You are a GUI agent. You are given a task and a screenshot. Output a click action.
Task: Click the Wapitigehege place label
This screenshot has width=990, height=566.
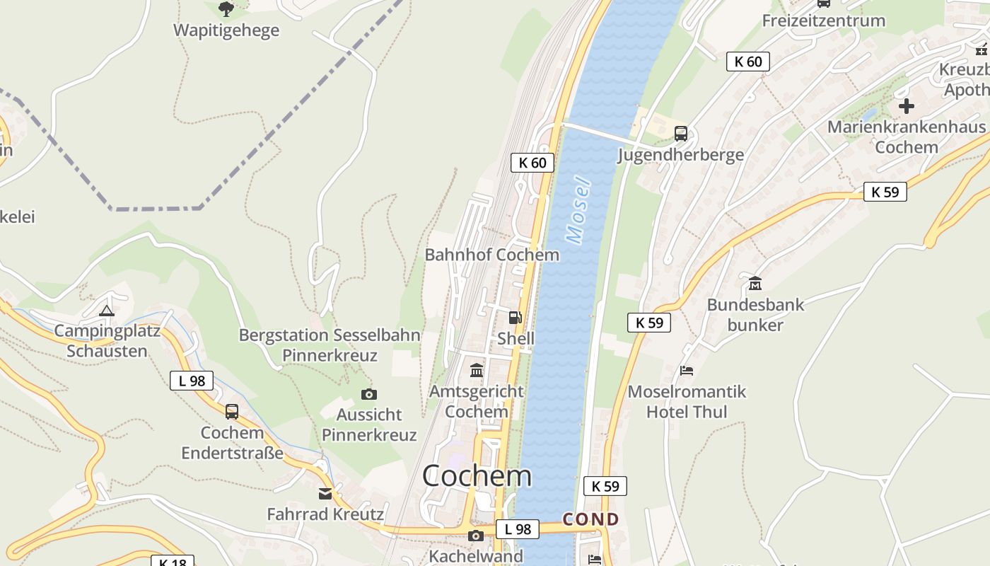(226, 30)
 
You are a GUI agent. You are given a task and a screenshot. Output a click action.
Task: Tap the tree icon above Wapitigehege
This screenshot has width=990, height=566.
(226, 9)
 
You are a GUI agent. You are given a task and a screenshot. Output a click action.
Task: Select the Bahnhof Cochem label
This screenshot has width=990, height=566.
(491, 255)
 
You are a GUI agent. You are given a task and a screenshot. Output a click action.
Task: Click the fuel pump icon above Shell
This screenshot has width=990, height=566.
(516, 318)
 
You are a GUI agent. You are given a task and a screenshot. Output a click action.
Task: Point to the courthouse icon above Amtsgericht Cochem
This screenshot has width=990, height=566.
(477, 370)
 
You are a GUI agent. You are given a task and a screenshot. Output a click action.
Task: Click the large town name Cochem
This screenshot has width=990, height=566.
(477, 476)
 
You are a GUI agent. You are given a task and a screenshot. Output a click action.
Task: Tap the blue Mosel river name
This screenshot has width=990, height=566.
(578, 210)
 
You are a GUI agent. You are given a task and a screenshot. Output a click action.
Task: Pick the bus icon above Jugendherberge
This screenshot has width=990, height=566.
(681, 133)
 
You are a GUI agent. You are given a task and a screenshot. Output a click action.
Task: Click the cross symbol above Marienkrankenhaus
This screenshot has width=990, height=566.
(907, 107)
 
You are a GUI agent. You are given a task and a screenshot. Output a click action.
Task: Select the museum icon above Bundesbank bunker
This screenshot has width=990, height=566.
(755, 284)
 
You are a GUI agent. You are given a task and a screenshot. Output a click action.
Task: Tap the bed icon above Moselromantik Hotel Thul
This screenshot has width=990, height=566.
(687, 371)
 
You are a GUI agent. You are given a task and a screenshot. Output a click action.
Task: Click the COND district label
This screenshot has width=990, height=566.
(590, 520)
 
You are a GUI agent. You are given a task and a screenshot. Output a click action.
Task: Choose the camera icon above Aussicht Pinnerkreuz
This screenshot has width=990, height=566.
(368, 394)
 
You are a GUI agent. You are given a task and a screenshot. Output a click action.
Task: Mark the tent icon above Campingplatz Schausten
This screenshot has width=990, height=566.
(107, 310)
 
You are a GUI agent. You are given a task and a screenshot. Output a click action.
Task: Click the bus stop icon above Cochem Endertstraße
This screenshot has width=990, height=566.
(231, 412)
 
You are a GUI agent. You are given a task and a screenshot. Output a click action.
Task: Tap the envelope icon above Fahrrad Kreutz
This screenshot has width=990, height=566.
(325, 494)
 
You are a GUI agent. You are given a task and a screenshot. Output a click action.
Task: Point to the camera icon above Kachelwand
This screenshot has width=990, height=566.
(476, 536)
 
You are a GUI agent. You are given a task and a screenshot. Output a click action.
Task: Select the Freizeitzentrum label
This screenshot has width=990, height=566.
(823, 21)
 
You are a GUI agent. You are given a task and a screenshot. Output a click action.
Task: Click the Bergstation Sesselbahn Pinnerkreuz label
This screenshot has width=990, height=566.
(330, 345)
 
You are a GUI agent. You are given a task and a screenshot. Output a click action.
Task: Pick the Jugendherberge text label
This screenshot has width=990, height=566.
(680, 155)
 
